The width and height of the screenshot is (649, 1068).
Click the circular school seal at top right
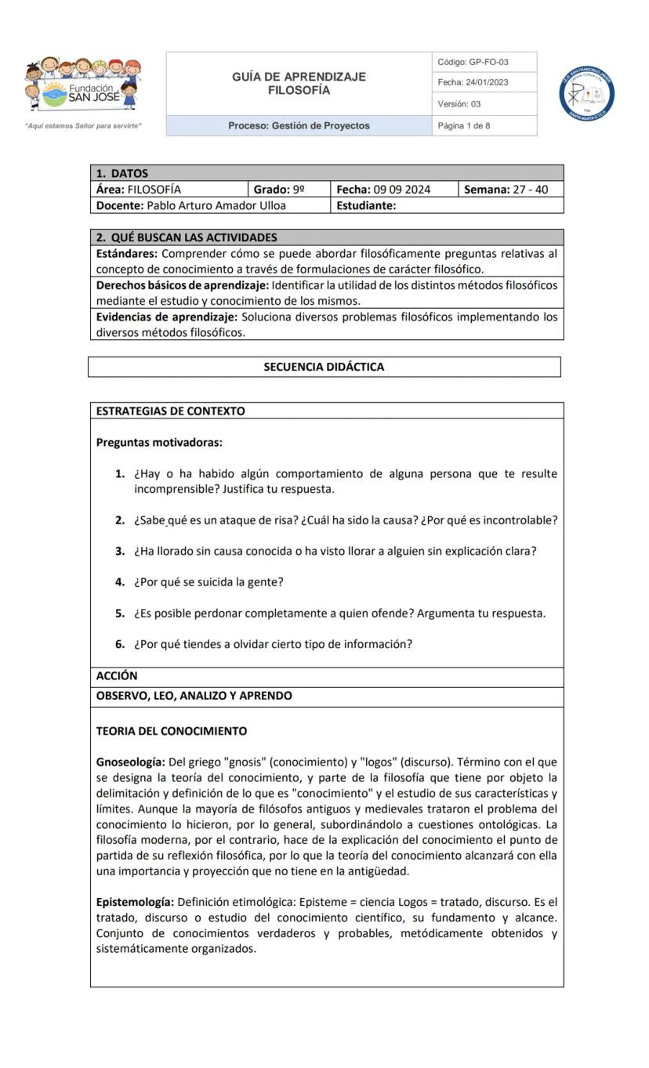click(586, 94)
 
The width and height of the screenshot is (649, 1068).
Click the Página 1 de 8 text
click(464, 125)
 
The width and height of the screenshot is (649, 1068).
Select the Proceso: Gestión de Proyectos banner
click(299, 125)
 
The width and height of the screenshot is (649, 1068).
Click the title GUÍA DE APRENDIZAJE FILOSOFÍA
click(299, 84)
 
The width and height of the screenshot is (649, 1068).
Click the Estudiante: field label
click(366, 205)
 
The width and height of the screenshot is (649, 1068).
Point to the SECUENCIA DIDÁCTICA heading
click(324, 367)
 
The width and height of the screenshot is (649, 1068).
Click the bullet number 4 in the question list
click(120, 582)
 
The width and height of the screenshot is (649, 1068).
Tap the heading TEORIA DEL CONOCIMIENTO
click(171, 731)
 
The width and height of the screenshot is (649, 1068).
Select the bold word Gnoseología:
click(130, 762)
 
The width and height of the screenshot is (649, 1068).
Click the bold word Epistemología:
click(135, 902)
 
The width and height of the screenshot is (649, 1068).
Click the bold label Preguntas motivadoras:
click(159, 443)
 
